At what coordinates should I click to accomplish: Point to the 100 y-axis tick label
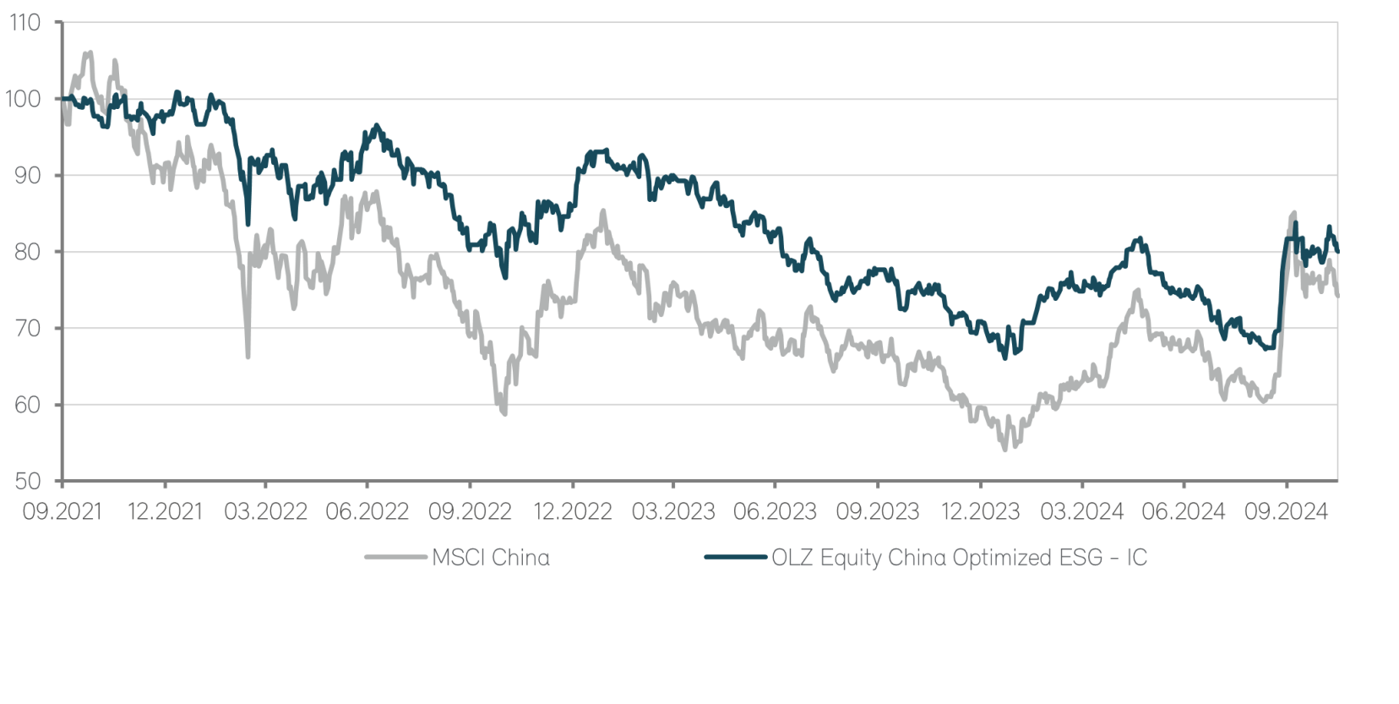point(24,99)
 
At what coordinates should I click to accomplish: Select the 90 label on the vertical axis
point(25,176)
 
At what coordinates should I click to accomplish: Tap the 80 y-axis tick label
point(25,252)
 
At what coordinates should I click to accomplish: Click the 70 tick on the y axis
point(25,329)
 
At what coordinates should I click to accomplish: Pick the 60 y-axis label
point(25,405)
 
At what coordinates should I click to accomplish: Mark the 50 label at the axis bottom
point(25,482)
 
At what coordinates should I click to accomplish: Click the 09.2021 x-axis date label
point(62,512)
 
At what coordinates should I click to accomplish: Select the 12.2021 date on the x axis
point(165,512)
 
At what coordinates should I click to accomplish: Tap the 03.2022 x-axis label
point(266,512)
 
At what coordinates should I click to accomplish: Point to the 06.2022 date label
point(367,512)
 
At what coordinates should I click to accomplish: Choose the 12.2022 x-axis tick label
point(573,512)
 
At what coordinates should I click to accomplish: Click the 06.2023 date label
point(776,512)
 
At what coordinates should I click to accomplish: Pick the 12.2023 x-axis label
point(980,512)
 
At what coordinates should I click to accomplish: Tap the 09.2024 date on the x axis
point(1286,512)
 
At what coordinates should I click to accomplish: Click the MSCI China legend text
point(490,558)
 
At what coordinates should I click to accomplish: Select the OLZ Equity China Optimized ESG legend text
point(959,558)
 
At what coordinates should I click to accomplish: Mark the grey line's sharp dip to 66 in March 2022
point(248,356)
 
